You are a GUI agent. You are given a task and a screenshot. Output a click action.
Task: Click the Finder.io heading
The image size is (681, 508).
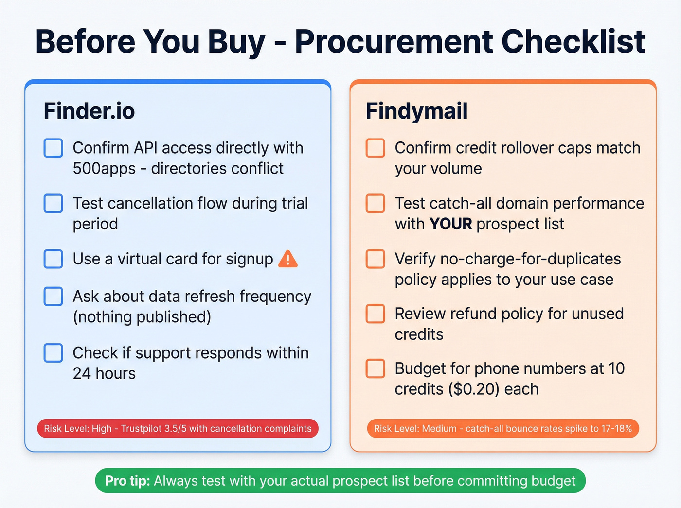(x=89, y=111)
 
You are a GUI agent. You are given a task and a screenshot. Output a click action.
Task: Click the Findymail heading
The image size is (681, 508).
(x=416, y=111)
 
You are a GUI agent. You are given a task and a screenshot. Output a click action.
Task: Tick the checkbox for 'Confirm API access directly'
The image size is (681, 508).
(x=54, y=148)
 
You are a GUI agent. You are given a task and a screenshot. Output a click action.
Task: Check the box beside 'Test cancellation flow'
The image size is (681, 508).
(x=54, y=203)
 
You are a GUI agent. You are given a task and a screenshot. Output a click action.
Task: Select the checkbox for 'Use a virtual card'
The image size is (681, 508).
(x=54, y=259)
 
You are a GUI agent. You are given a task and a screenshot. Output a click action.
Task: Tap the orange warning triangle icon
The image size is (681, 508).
(x=288, y=259)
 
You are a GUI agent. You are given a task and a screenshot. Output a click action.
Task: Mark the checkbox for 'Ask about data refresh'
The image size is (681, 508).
(x=54, y=296)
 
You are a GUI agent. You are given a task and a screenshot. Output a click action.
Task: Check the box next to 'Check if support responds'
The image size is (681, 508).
(x=54, y=353)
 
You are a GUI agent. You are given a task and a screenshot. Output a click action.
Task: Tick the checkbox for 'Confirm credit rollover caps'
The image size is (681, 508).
(x=376, y=148)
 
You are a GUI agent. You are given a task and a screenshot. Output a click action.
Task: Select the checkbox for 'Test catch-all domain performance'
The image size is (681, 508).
(x=376, y=203)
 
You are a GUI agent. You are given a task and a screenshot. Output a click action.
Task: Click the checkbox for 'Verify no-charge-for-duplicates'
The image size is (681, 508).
(x=376, y=259)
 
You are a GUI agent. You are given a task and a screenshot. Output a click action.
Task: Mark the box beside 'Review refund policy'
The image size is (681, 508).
(x=376, y=314)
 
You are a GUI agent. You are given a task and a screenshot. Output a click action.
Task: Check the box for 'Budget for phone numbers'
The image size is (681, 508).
(x=376, y=368)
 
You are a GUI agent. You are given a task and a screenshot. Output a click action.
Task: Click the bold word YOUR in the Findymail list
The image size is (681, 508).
(x=450, y=224)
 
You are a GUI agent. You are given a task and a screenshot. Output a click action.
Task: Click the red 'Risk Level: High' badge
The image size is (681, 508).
(x=178, y=428)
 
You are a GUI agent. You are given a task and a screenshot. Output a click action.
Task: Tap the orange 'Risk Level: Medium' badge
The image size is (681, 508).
(x=502, y=428)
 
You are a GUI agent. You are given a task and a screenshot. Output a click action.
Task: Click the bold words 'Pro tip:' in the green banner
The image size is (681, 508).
(x=127, y=481)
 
